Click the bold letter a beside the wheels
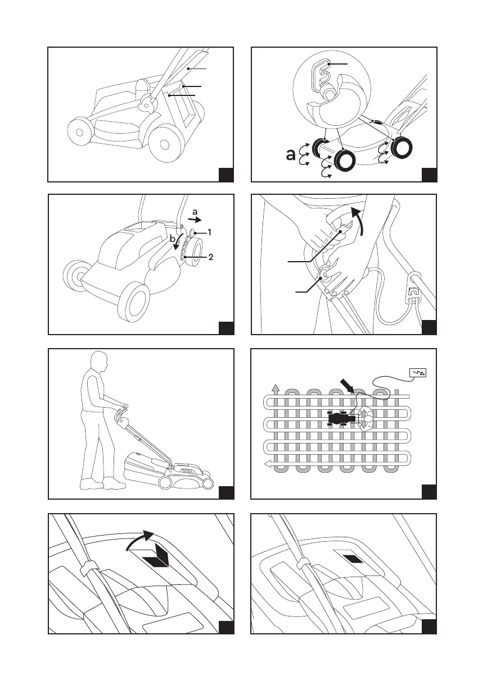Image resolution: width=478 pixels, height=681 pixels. tap(290, 155)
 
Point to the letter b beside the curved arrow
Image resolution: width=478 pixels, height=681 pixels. tap(173, 239)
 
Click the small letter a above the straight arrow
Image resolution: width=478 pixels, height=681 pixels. tap(195, 212)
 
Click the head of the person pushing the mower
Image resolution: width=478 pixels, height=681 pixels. tap(99, 362)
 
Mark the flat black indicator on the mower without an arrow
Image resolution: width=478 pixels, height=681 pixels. tap(353, 560)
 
